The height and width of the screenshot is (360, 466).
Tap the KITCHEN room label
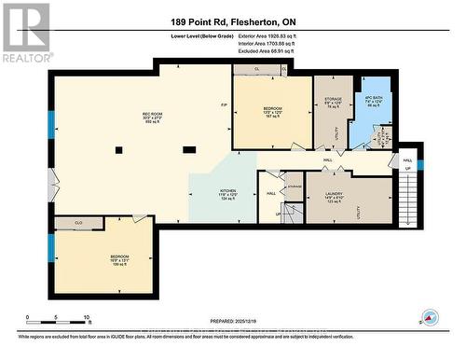coord(228,193)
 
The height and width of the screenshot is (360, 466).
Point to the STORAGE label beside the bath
coord(333,100)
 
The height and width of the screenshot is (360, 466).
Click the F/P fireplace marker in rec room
coord(224,104)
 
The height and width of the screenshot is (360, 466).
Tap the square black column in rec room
coord(118,149)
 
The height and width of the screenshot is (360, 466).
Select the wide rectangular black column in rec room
coord(189,147)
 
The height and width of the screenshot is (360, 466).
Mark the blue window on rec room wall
coord(51,124)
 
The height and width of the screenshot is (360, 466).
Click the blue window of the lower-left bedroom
coord(51,247)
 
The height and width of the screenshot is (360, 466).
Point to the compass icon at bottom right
coord(429,317)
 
